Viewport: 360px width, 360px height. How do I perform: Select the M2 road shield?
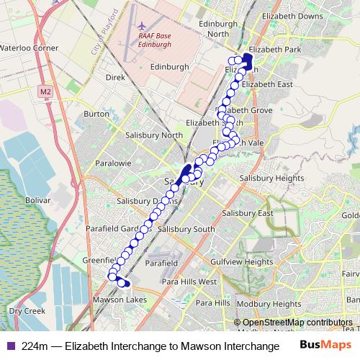pyautogui.click(x=47, y=91)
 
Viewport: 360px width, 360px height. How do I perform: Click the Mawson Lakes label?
pyautogui.click(x=120, y=300)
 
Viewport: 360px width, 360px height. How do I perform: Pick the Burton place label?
pyautogui.click(x=96, y=114)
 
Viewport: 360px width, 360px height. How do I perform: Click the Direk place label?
pyautogui.click(x=115, y=76)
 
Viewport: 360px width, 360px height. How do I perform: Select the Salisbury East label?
pyautogui.click(x=248, y=213)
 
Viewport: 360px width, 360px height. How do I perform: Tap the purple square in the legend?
pyautogui.click(x=9, y=346)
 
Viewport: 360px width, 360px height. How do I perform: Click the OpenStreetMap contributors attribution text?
pyautogui.click(x=297, y=323)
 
